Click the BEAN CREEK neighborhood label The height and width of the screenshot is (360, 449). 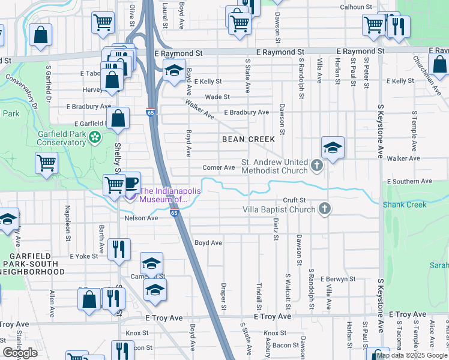pos(248,139)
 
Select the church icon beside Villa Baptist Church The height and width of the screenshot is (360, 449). pos(324,209)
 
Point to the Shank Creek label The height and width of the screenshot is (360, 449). pos(407,205)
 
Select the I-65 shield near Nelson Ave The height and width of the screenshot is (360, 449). pos(174,213)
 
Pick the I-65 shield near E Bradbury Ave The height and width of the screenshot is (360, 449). pos(149,112)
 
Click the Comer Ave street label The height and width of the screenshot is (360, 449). pos(218,168)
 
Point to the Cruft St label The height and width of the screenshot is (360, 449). pos(295,200)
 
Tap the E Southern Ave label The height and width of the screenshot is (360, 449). pos(410,181)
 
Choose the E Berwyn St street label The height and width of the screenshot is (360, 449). pos(338,280)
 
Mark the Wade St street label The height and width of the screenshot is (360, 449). pos(217,97)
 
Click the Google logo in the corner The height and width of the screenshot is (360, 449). pos(20,353)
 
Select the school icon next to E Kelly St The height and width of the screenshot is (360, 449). pos(174,71)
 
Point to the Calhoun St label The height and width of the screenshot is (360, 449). pos(357,7)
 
